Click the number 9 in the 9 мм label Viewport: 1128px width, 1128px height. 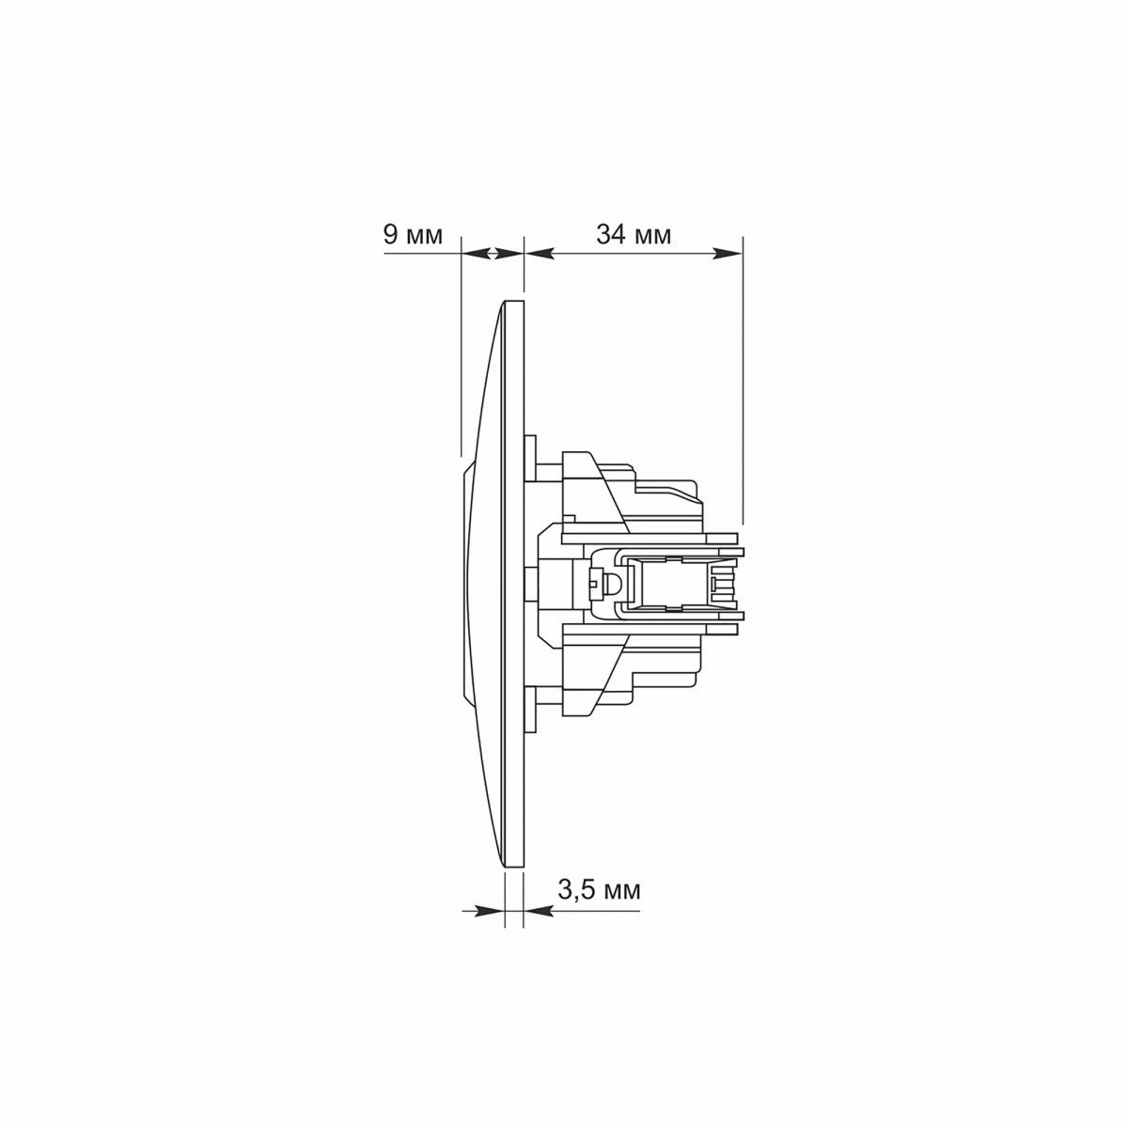click(x=390, y=235)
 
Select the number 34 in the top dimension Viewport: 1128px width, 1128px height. click(x=612, y=235)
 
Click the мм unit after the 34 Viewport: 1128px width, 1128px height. click(x=652, y=237)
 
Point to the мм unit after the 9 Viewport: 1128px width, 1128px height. click(x=424, y=237)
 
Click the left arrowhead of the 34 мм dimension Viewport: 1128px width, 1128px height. click(x=539, y=254)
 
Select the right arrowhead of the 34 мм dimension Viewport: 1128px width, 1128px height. click(x=728, y=254)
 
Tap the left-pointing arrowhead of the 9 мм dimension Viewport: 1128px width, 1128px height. click(x=476, y=254)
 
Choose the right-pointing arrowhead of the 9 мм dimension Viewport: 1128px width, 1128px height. click(x=509, y=254)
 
